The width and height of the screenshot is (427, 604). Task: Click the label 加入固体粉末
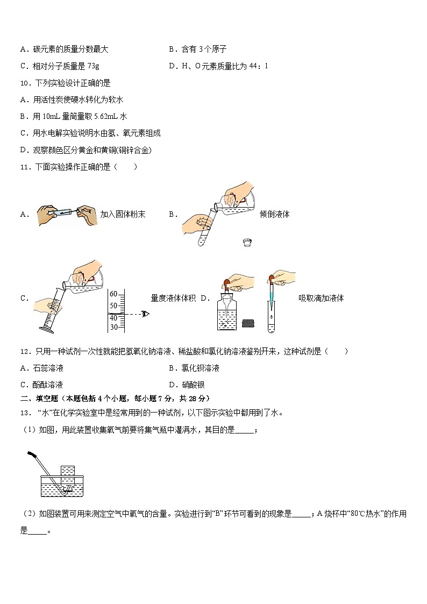click(x=123, y=214)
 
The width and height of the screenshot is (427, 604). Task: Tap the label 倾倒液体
click(x=274, y=214)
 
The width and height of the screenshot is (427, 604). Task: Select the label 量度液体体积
click(x=173, y=298)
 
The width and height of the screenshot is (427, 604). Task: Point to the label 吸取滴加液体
click(x=321, y=298)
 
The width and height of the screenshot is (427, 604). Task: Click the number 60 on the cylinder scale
click(x=113, y=294)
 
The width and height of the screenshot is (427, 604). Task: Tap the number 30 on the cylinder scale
click(x=113, y=327)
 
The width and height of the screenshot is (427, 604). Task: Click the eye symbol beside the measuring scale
click(x=146, y=314)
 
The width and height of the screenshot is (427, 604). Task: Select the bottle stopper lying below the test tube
click(x=248, y=242)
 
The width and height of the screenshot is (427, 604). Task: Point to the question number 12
click(x=24, y=352)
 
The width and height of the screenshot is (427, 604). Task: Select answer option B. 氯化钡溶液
click(x=194, y=368)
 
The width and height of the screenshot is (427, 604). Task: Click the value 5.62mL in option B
click(x=106, y=117)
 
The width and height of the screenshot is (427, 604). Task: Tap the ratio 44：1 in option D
click(x=257, y=66)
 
